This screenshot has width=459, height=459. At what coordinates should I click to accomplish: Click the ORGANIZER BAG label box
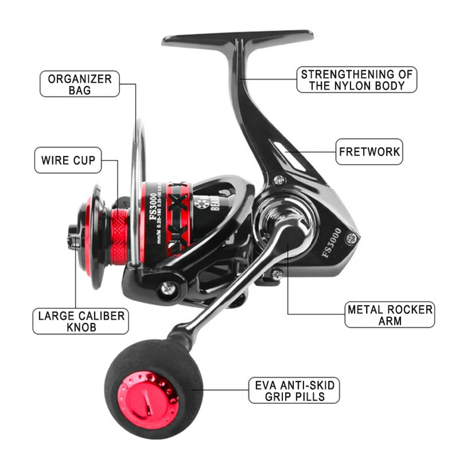(x=80, y=84)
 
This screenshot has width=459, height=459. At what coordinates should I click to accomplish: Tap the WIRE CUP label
(x=68, y=160)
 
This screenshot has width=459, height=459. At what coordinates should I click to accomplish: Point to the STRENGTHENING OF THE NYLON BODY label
(x=356, y=80)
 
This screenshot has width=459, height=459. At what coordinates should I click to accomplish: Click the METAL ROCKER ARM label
(x=390, y=315)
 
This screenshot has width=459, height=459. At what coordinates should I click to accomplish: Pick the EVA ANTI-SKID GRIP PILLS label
(x=293, y=390)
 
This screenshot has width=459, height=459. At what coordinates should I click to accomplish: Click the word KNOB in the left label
(x=80, y=328)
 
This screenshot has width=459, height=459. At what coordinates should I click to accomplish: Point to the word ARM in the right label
(x=390, y=321)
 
